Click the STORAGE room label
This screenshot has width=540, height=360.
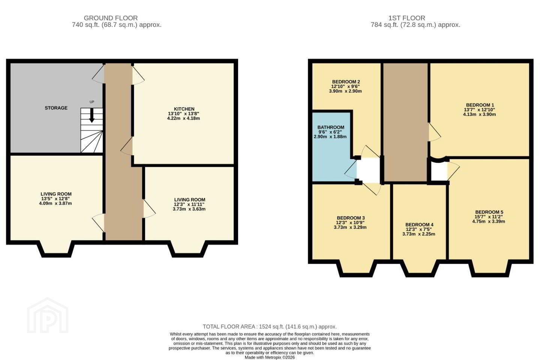point(56,108)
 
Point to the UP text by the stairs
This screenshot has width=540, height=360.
point(92,102)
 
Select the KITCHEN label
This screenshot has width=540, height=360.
point(184,109)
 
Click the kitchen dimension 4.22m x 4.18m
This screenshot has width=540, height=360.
point(183,118)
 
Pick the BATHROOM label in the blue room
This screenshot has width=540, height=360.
point(331,127)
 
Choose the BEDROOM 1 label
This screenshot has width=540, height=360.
point(480,105)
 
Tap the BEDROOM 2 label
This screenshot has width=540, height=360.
point(346,82)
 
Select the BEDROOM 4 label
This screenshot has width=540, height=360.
point(419,225)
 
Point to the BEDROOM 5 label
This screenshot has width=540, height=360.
point(489,212)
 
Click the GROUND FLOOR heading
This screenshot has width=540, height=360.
point(111,18)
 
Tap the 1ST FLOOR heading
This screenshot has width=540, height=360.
point(406,18)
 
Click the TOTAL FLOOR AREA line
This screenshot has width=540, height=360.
point(270,327)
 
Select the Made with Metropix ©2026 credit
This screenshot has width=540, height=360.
point(270,358)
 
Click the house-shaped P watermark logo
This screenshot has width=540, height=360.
point(48,316)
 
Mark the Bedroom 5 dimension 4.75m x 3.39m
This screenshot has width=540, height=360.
point(489,221)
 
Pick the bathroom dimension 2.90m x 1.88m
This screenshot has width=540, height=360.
point(330,137)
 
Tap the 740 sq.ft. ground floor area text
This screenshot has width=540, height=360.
point(117,25)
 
